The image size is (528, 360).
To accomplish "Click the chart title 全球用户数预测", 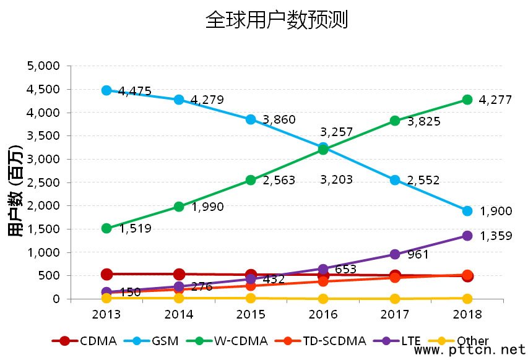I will point(277,20).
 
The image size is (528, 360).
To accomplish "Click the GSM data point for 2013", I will point(106,90).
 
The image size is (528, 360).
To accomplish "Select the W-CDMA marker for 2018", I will point(467,100).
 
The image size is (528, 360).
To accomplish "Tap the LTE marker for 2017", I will point(395,254).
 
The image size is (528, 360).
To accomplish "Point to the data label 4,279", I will point(207,100).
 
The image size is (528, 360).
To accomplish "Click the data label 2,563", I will point(279,181).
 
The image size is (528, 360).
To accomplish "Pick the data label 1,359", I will point(496,236).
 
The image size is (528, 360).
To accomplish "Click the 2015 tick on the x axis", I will point(251,314).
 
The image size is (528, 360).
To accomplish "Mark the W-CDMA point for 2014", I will point(179,207).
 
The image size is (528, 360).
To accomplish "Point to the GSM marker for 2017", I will point(395,180).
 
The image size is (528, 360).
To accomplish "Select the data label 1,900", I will point(496,212).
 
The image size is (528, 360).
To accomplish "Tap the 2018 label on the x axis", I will point(467,314).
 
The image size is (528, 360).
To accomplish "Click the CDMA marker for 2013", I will point(106,274).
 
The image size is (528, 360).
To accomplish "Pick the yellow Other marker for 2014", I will point(179,298).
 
